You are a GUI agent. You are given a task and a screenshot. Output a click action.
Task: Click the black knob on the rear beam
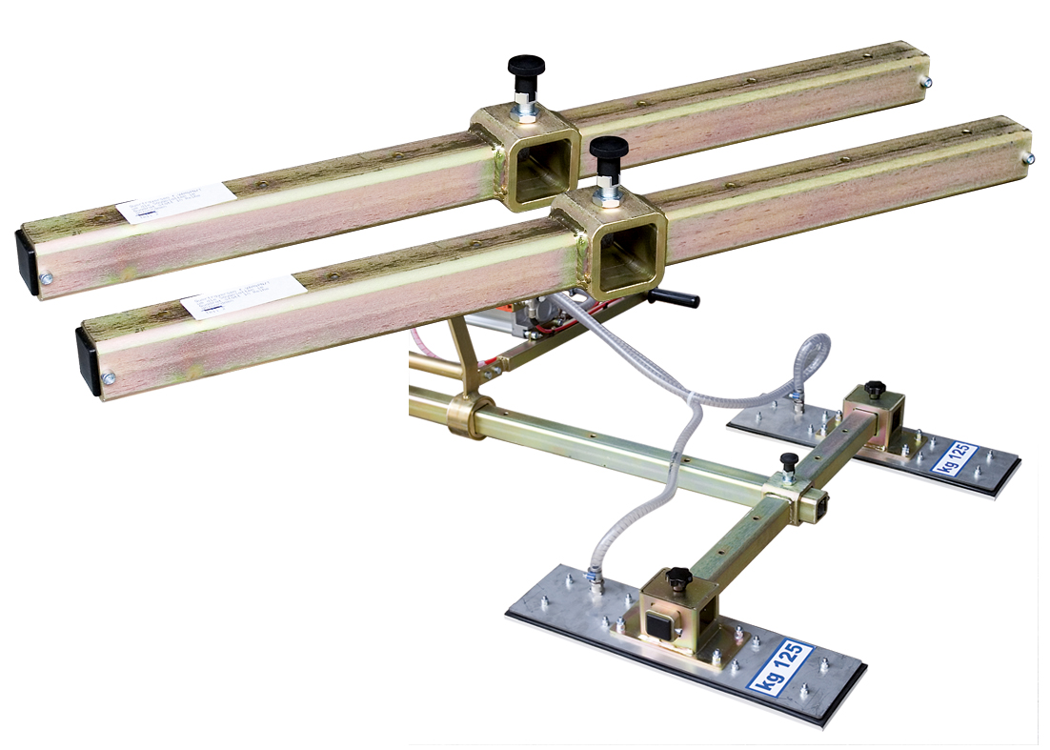tap(525, 67)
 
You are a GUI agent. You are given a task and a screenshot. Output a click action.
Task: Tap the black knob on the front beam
tap(607, 149)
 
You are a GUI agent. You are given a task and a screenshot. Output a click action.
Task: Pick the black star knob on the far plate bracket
tap(873, 390)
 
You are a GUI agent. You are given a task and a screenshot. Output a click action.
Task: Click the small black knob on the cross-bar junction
tap(788, 460)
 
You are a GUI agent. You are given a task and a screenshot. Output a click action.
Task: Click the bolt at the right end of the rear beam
tap(923, 83)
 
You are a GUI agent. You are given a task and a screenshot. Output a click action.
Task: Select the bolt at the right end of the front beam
tap(1028, 157)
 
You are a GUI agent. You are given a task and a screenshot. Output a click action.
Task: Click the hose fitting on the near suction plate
tap(594, 576)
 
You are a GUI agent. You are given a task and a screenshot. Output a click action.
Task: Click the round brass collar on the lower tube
tap(471, 416)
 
